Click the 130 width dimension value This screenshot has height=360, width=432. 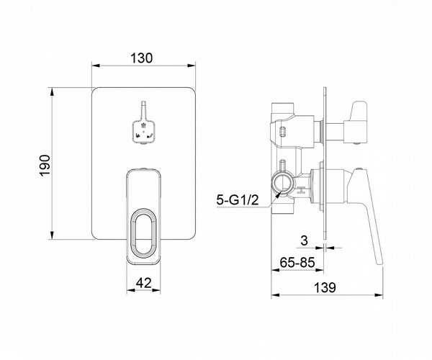141,58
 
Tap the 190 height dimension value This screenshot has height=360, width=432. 45,165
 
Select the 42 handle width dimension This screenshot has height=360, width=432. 144,283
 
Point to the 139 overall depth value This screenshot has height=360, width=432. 325,288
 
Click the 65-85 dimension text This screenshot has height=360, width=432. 297,262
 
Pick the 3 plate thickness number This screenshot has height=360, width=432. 304,240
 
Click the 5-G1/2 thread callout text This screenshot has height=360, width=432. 238,200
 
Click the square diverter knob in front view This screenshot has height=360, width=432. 143,132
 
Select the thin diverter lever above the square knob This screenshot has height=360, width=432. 143,110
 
